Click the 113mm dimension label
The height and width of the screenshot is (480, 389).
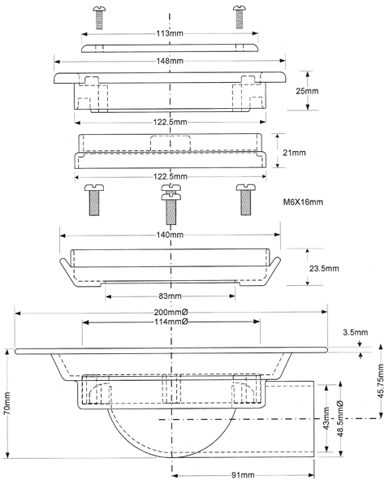(170, 33)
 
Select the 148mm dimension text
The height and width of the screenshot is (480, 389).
(170, 61)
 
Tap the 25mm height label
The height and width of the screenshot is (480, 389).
(307, 91)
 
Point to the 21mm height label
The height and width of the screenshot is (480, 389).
(294, 153)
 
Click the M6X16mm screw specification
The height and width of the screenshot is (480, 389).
(303, 202)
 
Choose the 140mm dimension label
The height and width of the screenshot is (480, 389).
(170, 235)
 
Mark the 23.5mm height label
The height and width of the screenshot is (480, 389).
(324, 269)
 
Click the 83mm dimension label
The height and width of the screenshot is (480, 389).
(170, 296)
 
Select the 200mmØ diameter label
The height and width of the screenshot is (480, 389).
(171, 312)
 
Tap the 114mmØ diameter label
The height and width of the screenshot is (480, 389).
(171, 322)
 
